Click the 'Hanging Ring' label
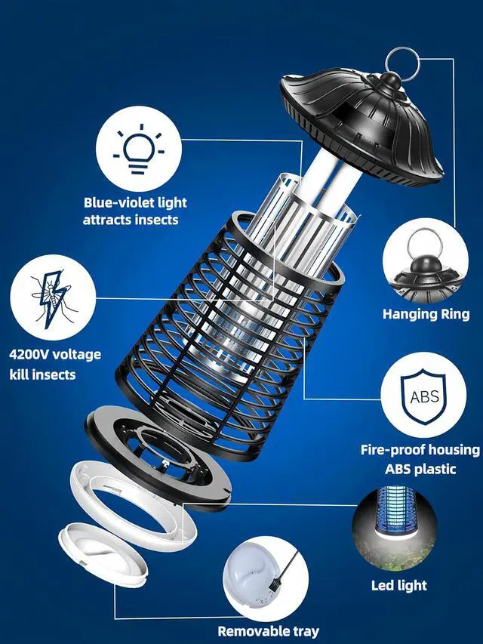426,314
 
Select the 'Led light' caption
399,585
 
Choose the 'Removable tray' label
268,631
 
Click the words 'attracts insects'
131,220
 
